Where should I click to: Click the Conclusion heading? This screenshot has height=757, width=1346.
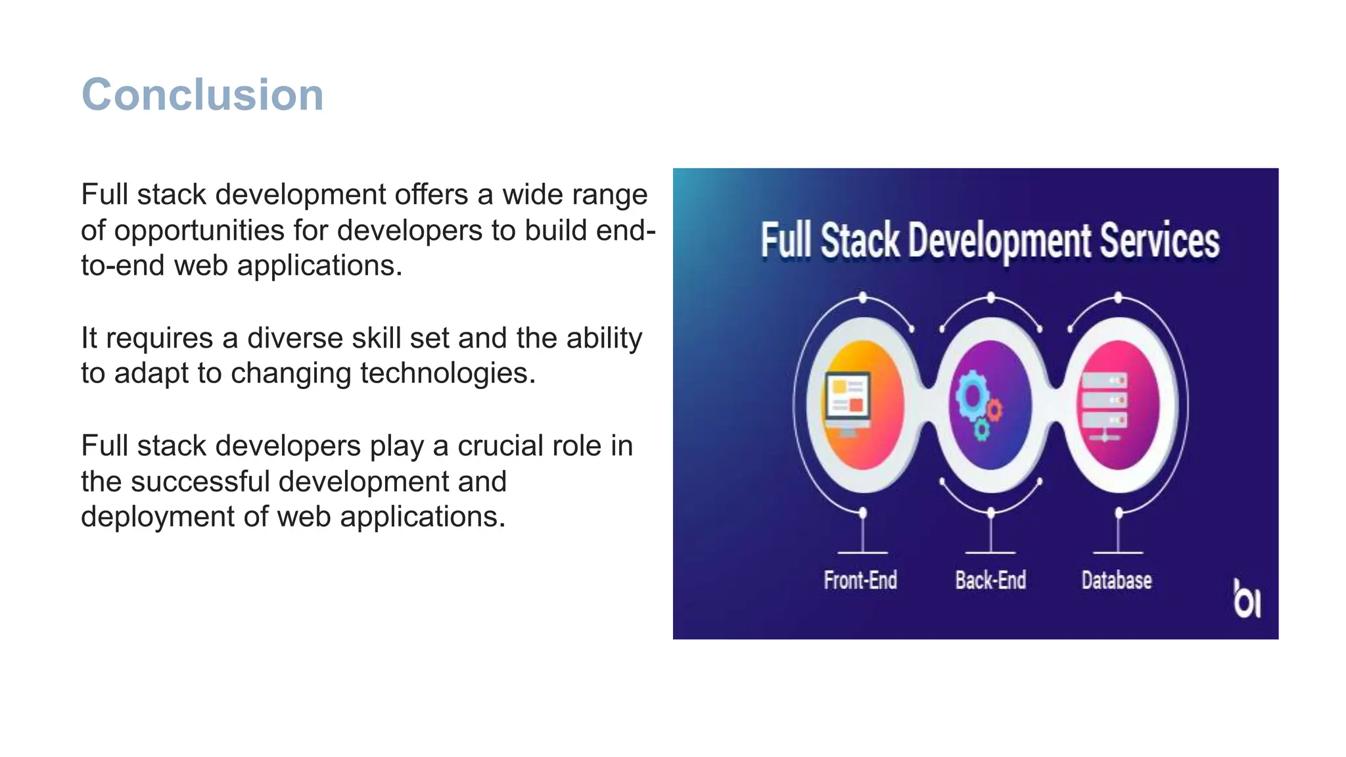click(x=202, y=95)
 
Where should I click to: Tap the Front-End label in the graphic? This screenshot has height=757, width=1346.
click(x=860, y=580)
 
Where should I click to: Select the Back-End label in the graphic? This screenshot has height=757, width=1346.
click(x=990, y=580)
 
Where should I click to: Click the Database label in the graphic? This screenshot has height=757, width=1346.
click(x=1117, y=580)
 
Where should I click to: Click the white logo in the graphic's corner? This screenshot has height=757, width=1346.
click(x=1246, y=599)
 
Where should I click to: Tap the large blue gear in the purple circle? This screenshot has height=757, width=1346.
click(x=971, y=394)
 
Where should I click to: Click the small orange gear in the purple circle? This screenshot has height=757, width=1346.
click(x=995, y=410)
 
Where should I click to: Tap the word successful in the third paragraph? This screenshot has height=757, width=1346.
click(x=200, y=482)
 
